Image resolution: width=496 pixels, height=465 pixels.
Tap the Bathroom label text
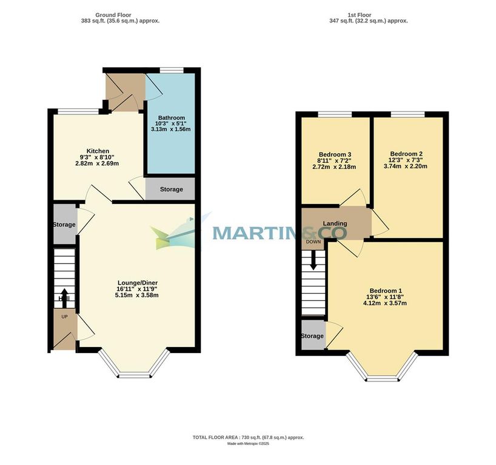click(171, 117)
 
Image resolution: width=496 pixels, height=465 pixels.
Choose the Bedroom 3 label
click(334, 154)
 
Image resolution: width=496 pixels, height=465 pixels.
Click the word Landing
click(335, 223)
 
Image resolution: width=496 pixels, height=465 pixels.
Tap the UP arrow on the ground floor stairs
click(64, 298)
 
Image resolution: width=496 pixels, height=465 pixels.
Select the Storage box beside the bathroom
click(171, 190)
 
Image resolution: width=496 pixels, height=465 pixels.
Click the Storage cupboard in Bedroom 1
click(312, 336)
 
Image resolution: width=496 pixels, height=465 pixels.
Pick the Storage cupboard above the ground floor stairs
click(64, 225)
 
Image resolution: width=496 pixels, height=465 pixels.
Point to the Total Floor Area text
click(248, 437)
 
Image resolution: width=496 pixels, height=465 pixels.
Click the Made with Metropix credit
click(248, 444)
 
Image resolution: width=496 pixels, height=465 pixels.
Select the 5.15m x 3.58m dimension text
click(141, 295)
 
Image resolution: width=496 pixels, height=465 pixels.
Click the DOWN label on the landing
click(313, 242)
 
